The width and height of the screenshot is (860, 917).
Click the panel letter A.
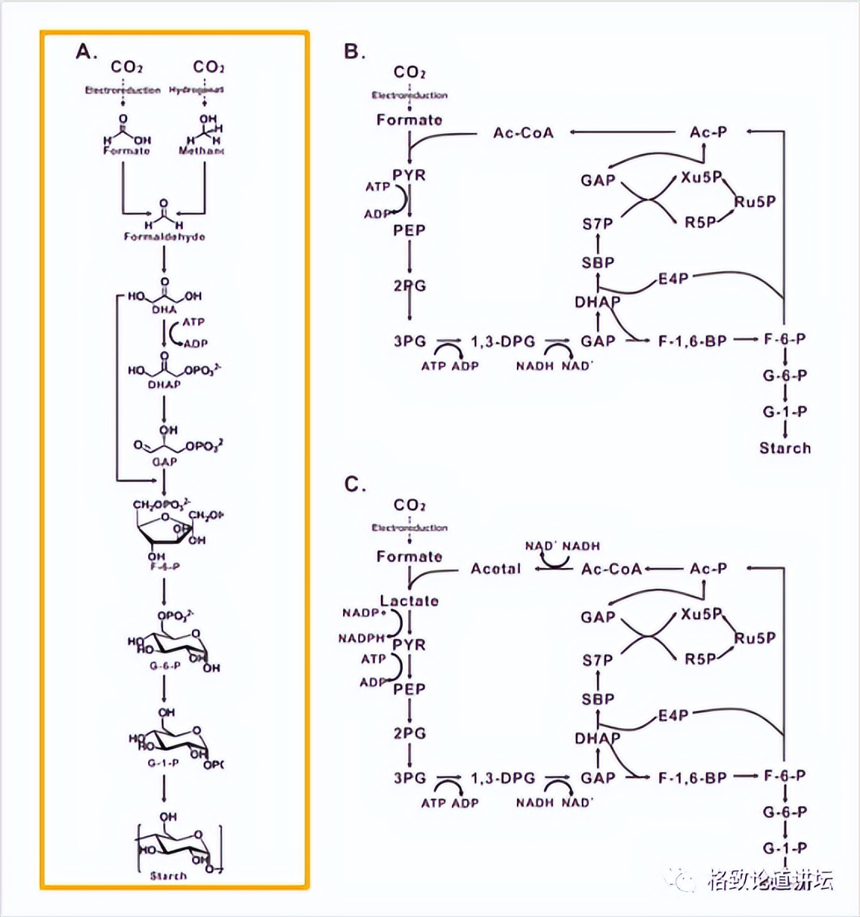(x=86, y=51)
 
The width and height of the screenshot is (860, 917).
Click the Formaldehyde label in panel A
(x=164, y=236)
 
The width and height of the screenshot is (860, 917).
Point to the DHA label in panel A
(x=164, y=309)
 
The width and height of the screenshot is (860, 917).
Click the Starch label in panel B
(x=785, y=448)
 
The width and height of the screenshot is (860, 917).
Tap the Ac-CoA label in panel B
(x=523, y=133)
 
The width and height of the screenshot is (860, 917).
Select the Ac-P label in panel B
(x=708, y=132)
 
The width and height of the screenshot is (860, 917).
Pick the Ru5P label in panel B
(x=755, y=202)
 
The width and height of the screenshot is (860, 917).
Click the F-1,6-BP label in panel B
(x=692, y=341)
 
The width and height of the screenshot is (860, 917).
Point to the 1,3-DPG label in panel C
(x=503, y=778)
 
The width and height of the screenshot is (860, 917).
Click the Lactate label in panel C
(x=409, y=601)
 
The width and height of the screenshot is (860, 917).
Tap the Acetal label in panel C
(x=496, y=569)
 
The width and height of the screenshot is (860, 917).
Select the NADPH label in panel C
(x=361, y=638)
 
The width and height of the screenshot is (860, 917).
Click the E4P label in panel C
(x=673, y=715)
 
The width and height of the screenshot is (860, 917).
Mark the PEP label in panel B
(x=409, y=230)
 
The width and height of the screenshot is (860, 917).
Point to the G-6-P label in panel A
(x=164, y=666)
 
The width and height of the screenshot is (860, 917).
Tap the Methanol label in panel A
(x=201, y=151)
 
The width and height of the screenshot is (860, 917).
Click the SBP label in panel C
(x=598, y=699)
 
